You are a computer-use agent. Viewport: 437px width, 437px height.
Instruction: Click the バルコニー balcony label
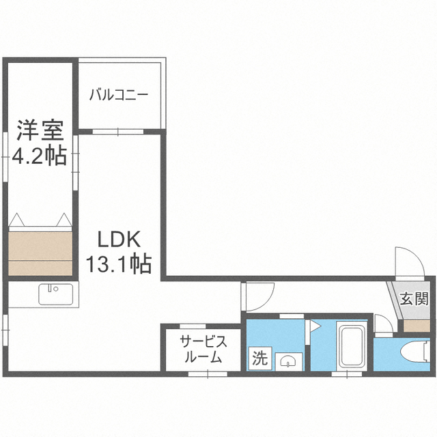pos(118,96)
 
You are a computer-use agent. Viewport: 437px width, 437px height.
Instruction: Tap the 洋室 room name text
pos(40,130)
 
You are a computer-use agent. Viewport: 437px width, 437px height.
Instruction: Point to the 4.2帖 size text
pos(39,155)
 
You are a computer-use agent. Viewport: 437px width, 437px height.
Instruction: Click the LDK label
pos(118,240)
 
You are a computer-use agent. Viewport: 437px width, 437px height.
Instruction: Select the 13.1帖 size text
pos(119,263)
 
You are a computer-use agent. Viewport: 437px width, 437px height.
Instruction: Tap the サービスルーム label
pos(203,349)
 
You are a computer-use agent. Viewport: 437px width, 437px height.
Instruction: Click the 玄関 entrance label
pos(414,299)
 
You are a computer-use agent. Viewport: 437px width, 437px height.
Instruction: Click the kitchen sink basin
pos(56,294)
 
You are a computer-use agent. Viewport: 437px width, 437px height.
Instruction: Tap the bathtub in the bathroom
pos(351,346)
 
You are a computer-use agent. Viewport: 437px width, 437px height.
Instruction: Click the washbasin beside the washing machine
pos(289,362)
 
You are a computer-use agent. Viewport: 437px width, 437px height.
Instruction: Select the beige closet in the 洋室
pos(40,253)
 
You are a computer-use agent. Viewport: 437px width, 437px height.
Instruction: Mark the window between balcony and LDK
pos(118,132)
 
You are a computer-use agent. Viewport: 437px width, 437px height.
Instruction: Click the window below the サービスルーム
pos(208,374)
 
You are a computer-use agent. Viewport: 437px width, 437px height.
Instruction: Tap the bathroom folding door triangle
pos(315,326)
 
